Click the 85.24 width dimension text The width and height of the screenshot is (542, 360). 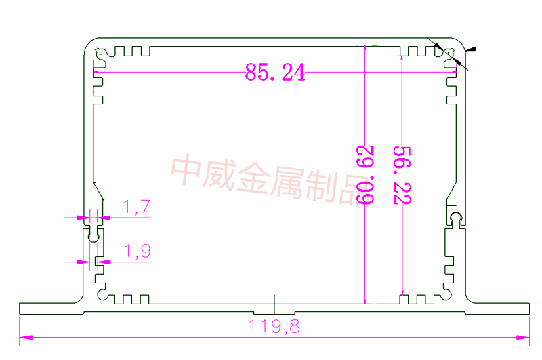pyautogui.click(x=275, y=73)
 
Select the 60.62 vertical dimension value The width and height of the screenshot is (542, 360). pyautogui.click(x=367, y=173)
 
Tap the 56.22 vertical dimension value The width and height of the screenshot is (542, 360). pyautogui.click(x=403, y=173)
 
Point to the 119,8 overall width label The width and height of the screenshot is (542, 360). pyautogui.click(x=275, y=327)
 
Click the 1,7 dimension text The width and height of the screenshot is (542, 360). pyautogui.click(x=137, y=207)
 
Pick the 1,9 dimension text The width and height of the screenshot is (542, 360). pyautogui.click(x=137, y=252)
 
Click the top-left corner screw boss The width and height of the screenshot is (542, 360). pyautogui.click(x=100, y=53)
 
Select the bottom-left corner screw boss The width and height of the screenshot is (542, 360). pyautogui.click(x=102, y=295)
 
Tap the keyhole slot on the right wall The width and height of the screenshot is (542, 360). pyautogui.click(x=456, y=219)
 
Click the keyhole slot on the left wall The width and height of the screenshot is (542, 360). pyautogui.click(x=93, y=237)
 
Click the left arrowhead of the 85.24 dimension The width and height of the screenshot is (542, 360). pyautogui.click(x=96, y=73)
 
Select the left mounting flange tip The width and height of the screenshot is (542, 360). pyautogui.click(x=20, y=308)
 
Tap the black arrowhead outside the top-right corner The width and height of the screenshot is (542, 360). pyautogui.click(x=472, y=49)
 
